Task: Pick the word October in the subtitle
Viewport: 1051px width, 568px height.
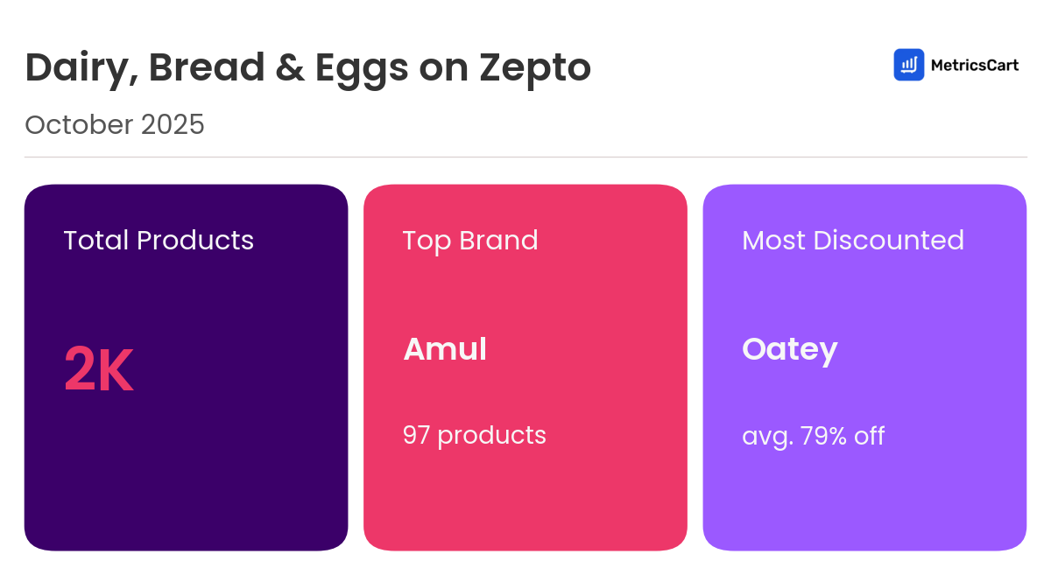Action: click(78, 124)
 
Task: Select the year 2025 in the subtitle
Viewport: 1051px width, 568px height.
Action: click(172, 124)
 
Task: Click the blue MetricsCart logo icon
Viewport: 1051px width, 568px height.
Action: click(908, 65)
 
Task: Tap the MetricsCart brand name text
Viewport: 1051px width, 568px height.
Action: click(974, 65)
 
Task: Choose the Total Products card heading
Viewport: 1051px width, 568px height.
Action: click(159, 240)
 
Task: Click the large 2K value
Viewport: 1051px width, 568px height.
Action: click(98, 371)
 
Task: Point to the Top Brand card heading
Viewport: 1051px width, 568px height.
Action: click(470, 240)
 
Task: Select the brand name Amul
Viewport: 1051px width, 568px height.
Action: click(445, 349)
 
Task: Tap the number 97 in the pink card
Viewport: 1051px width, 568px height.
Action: click(416, 435)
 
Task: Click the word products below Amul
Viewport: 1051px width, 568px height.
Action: click(491, 435)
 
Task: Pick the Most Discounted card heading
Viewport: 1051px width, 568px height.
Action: click(852, 240)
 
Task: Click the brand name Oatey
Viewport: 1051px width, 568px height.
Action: click(789, 350)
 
